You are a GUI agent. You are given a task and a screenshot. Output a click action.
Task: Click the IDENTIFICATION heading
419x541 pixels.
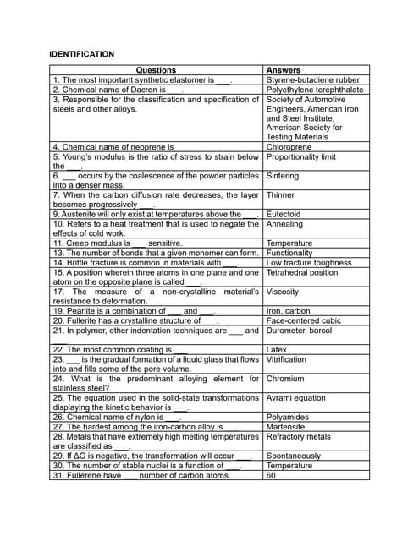tap(82, 54)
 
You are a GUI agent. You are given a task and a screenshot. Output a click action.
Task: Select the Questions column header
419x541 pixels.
tap(156, 70)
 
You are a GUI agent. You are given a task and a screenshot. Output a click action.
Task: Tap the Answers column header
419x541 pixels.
tap(283, 70)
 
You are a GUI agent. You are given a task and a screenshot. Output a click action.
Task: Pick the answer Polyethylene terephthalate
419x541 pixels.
tap(314, 89)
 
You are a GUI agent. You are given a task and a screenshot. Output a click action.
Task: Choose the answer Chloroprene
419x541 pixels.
tap(289, 146)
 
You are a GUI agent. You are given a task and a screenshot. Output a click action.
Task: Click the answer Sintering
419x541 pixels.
tap(282, 176)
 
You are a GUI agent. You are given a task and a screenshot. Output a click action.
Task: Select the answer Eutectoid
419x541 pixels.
tap(284, 214)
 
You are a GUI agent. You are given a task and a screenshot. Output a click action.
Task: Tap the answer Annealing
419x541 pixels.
tap(284, 224)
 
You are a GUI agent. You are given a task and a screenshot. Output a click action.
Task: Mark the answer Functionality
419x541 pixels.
tap(289, 253)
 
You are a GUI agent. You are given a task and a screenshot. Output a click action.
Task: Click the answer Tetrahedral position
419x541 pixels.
tap(302, 272)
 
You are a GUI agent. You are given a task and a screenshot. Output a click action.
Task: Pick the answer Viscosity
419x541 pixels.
tap(282, 292)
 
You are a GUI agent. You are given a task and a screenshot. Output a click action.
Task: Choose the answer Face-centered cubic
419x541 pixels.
tap(303, 320)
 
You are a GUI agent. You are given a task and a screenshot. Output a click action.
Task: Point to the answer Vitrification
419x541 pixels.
tap(286, 359)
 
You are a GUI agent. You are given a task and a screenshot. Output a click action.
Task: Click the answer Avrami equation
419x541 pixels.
tap(295, 398)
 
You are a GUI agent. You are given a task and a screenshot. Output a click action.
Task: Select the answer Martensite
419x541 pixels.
tap(286, 427)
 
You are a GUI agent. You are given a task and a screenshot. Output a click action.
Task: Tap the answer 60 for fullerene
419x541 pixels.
tap(271, 475)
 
